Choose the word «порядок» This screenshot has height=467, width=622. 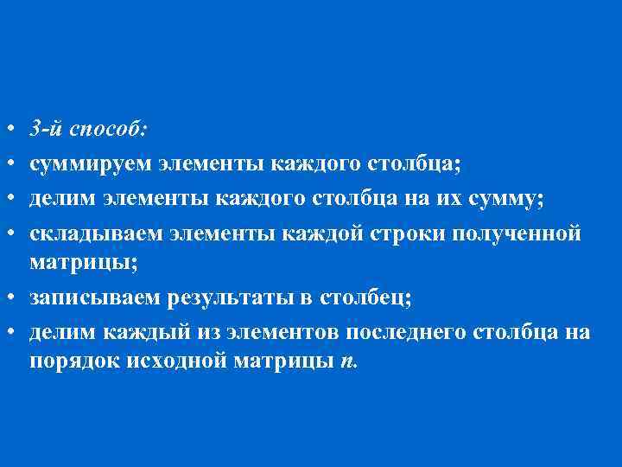[x=63, y=361]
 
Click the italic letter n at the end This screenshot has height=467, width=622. [x=346, y=362]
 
